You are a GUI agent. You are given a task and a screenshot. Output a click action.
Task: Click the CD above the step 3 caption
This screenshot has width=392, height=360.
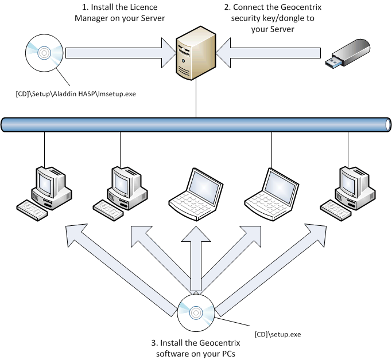pos(195,312)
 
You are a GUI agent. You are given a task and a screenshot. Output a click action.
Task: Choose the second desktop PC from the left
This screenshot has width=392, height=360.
pos(120,191)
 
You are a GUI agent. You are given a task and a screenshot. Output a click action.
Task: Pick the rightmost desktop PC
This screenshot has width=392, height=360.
pos(348,191)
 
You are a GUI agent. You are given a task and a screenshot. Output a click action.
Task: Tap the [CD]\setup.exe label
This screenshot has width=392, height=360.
pos(277,334)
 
